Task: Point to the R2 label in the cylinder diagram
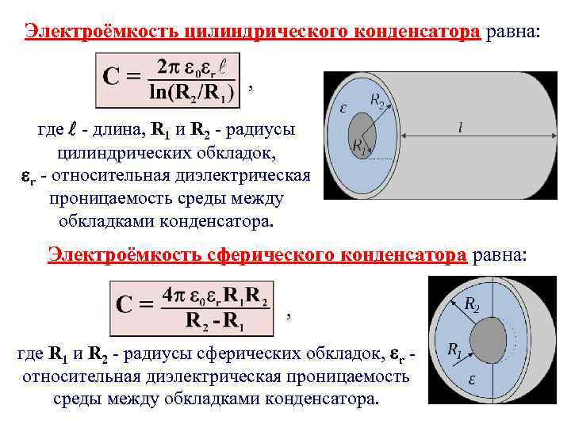pyautogui.click(x=378, y=99)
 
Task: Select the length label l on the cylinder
pyautogui.click(x=461, y=126)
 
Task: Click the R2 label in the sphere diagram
pyautogui.click(x=470, y=304)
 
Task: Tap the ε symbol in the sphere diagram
pyautogui.click(x=471, y=379)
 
